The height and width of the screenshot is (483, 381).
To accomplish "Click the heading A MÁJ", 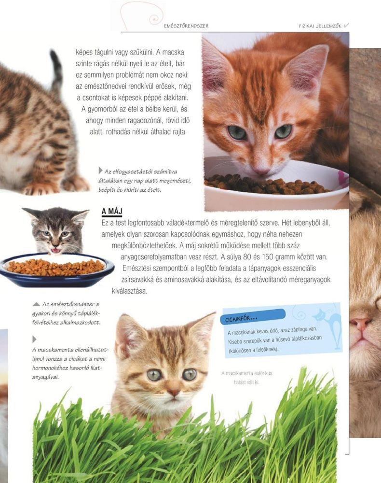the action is click(112, 212).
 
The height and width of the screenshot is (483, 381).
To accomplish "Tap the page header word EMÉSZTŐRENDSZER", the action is click(186, 26).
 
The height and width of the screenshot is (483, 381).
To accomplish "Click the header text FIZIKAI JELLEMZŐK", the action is click(320, 26).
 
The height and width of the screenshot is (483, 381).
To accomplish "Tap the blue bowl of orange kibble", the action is click(57, 269).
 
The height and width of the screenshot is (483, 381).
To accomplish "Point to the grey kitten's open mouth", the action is click(55, 250).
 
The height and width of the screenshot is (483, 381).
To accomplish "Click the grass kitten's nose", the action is click(174, 392).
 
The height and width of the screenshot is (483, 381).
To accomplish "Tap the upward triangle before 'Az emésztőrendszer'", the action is click(36, 304).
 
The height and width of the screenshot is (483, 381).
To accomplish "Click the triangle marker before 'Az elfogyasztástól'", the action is click(100, 170).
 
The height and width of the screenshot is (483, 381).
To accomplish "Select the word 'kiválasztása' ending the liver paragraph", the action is click(129, 291).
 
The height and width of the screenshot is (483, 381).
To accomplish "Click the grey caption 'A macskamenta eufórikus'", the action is click(246, 373).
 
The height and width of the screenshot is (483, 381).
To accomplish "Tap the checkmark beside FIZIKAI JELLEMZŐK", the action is click(346, 26).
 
